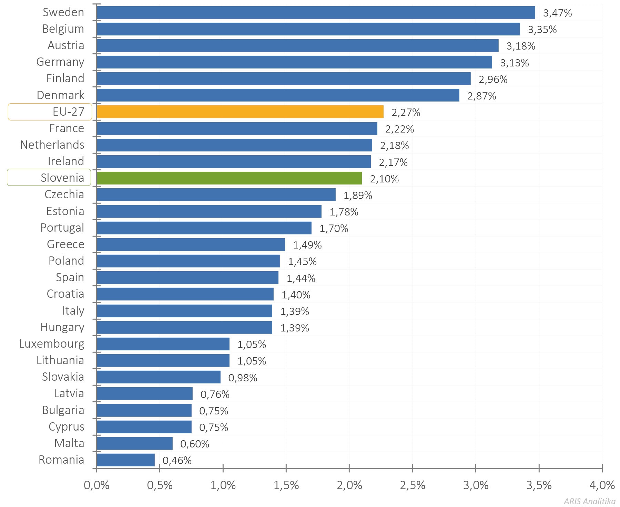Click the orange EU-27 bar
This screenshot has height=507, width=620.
(x=240, y=112)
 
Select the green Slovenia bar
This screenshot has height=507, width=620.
(x=229, y=178)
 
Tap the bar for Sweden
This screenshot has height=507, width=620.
(x=316, y=13)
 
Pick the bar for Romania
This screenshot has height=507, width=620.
(x=126, y=460)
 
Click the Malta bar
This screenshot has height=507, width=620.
(x=135, y=443)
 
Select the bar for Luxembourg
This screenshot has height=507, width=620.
(x=163, y=344)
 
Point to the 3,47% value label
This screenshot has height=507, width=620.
(x=557, y=13)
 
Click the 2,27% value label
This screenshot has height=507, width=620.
(x=406, y=113)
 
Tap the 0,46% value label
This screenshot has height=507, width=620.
(x=177, y=461)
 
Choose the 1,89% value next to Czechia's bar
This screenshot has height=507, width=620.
(x=358, y=196)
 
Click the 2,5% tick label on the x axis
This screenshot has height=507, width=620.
(x=413, y=485)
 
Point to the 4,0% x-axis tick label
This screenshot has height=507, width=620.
(x=602, y=485)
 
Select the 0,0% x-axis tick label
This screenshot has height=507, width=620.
(x=96, y=485)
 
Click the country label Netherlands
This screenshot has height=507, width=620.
(x=52, y=145)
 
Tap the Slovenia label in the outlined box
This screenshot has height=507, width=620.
(x=62, y=178)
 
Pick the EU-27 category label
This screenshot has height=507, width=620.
(x=68, y=112)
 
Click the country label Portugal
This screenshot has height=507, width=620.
(x=62, y=228)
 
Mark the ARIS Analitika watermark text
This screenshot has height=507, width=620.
(x=589, y=501)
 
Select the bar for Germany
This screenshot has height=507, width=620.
(x=294, y=62)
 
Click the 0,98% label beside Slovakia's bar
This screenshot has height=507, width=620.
(x=243, y=378)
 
